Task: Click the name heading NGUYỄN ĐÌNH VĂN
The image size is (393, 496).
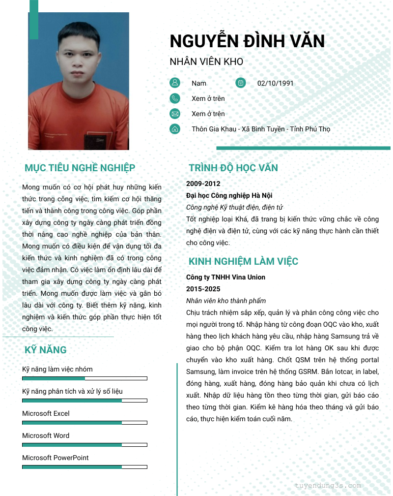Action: pos(247,41)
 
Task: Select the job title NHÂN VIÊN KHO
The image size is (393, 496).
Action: pos(206,62)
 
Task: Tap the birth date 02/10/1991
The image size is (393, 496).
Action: pos(275,83)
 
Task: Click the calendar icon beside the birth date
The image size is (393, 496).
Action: pos(240,83)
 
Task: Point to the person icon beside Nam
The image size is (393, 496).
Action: pos(174,83)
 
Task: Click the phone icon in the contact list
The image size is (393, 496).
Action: pos(174,98)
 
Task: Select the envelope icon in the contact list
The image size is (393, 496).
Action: pos(174,114)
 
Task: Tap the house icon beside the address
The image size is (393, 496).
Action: pos(174,129)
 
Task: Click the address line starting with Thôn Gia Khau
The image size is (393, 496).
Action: pos(261,129)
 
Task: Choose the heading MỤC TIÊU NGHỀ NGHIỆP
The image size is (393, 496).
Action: pos(80,168)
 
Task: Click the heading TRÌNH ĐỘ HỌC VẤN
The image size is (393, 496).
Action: pos(233,168)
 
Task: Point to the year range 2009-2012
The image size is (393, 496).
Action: pos(203,184)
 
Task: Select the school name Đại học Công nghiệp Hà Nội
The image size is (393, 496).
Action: pos(229,195)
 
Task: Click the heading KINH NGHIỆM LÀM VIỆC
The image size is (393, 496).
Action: pos(243,261)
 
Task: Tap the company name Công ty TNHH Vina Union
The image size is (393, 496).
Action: pos(225,277)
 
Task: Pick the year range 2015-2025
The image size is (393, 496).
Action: pos(203,289)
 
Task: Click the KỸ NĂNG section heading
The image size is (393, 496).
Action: pos(46,350)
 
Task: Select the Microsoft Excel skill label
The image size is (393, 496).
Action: pos(46,413)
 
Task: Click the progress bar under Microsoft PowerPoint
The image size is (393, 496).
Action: pos(84,467)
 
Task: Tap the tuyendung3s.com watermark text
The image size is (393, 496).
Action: pos(328,485)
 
